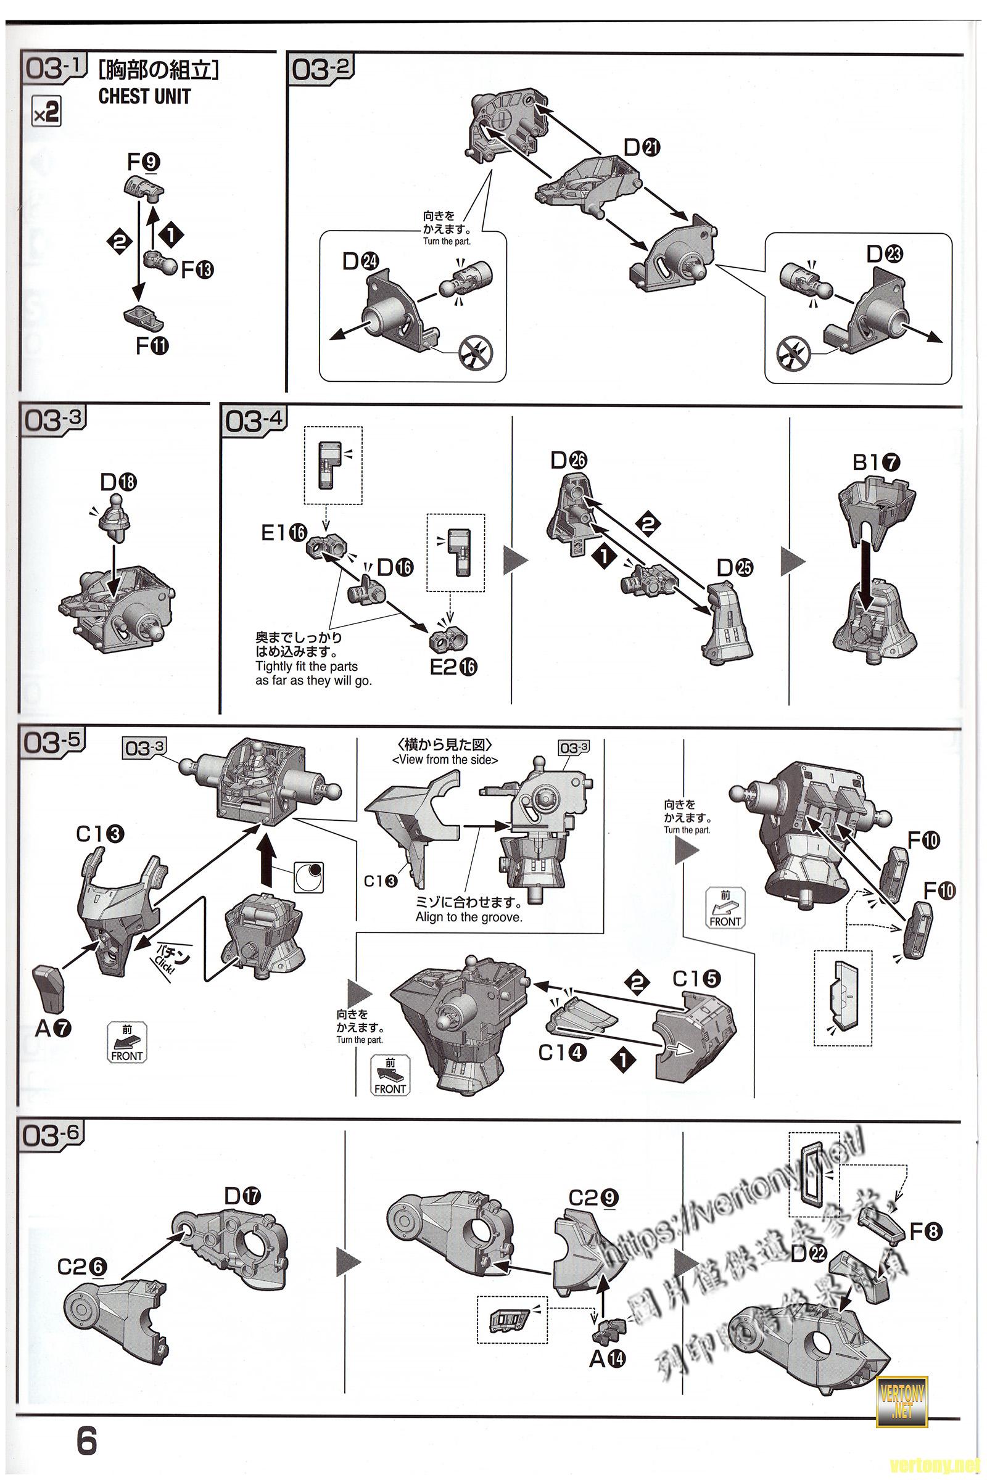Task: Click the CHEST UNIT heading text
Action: pos(144,96)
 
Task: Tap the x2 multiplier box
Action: pos(47,113)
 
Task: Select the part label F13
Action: pos(197,270)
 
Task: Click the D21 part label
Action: pos(642,147)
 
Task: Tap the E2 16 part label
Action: pos(453,667)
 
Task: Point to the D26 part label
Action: pos(568,461)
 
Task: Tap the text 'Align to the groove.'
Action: pos(468,918)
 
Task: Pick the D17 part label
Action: pos(243,1196)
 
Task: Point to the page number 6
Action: pos(86,1441)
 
